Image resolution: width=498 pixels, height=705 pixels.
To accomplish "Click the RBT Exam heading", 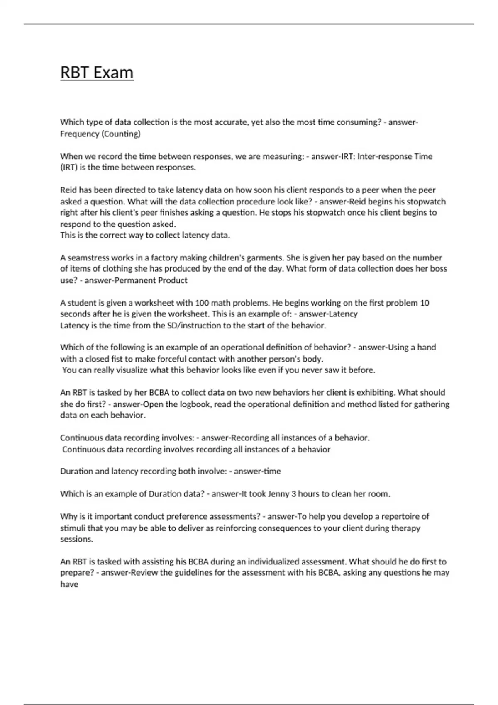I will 97,73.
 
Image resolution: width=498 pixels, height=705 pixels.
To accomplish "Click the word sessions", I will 76,539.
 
